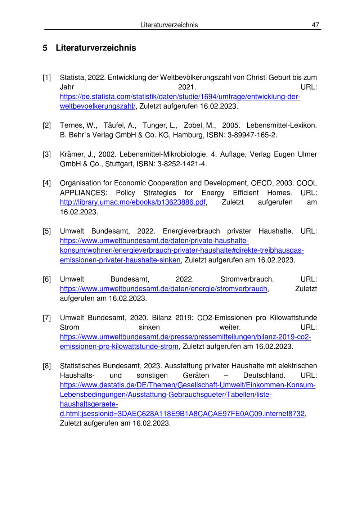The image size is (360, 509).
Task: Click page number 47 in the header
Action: coord(315,25)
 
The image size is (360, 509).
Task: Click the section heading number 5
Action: coord(45,48)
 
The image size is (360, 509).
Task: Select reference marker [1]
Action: coord(47,77)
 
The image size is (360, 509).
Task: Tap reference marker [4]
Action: coord(47,183)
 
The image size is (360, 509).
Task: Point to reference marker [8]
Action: coord(47,366)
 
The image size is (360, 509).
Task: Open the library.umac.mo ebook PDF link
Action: coord(132,202)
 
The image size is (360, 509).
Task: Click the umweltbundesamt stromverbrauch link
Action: coord(163,289)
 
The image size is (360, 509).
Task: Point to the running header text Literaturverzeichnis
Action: coord(169,25)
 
